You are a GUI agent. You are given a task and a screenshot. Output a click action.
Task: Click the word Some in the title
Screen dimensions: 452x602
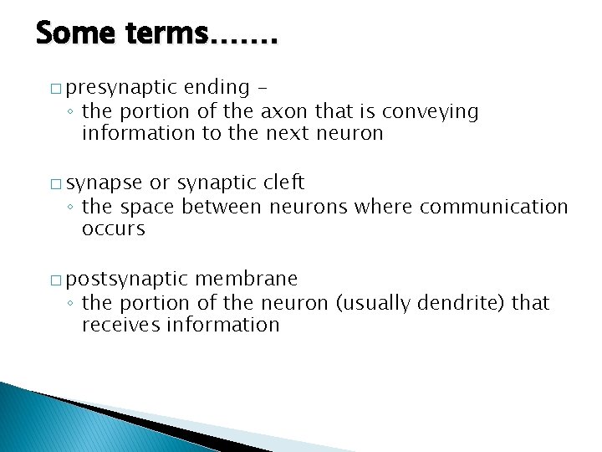(78, 35)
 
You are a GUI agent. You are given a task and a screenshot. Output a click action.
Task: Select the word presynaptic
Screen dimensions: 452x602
(122, 88)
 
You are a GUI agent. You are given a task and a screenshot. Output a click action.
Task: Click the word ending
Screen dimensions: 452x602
(217, 87)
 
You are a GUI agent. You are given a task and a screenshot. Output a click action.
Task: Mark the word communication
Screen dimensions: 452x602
(493, 206)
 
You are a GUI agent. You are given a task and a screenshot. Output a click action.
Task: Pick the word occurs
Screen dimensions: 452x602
(114, 229)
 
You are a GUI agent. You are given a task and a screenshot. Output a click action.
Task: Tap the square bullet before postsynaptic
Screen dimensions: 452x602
(55, 279)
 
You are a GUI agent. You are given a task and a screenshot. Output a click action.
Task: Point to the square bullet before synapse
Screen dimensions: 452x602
(55, 183)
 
